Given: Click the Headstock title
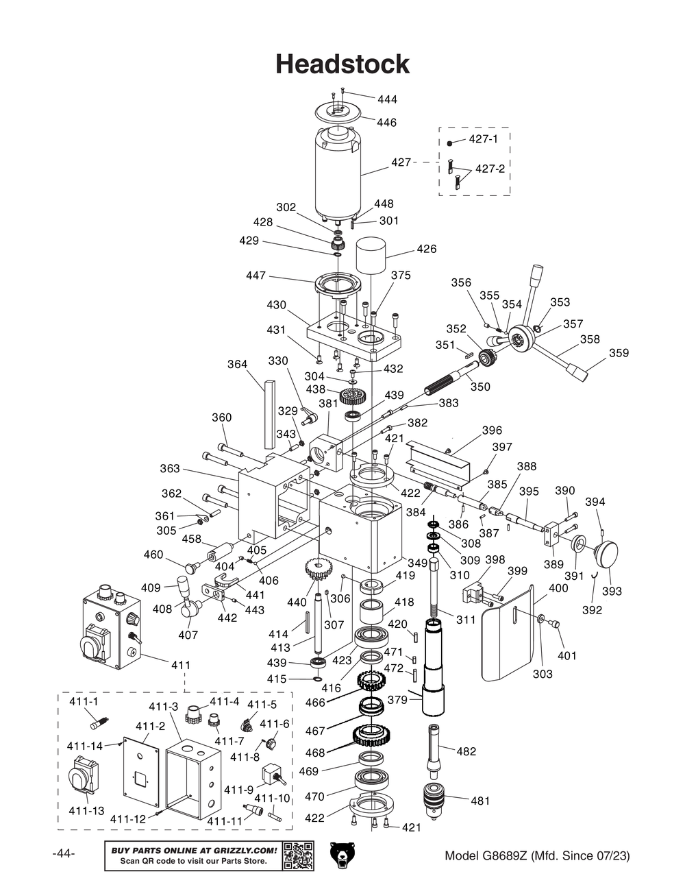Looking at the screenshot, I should click(342, 64).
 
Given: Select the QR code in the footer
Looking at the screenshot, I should click(298, 855).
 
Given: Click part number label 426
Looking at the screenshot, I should click(426, 249).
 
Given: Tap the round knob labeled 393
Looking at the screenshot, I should click(607, 552).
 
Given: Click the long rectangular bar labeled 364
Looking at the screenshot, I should click(266, 410).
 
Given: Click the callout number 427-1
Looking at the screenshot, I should click(483, 139).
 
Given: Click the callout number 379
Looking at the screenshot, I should click(397, 700).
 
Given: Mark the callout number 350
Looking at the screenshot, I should click(480, 387).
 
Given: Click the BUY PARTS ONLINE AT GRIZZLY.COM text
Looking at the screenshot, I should click(194, 850).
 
